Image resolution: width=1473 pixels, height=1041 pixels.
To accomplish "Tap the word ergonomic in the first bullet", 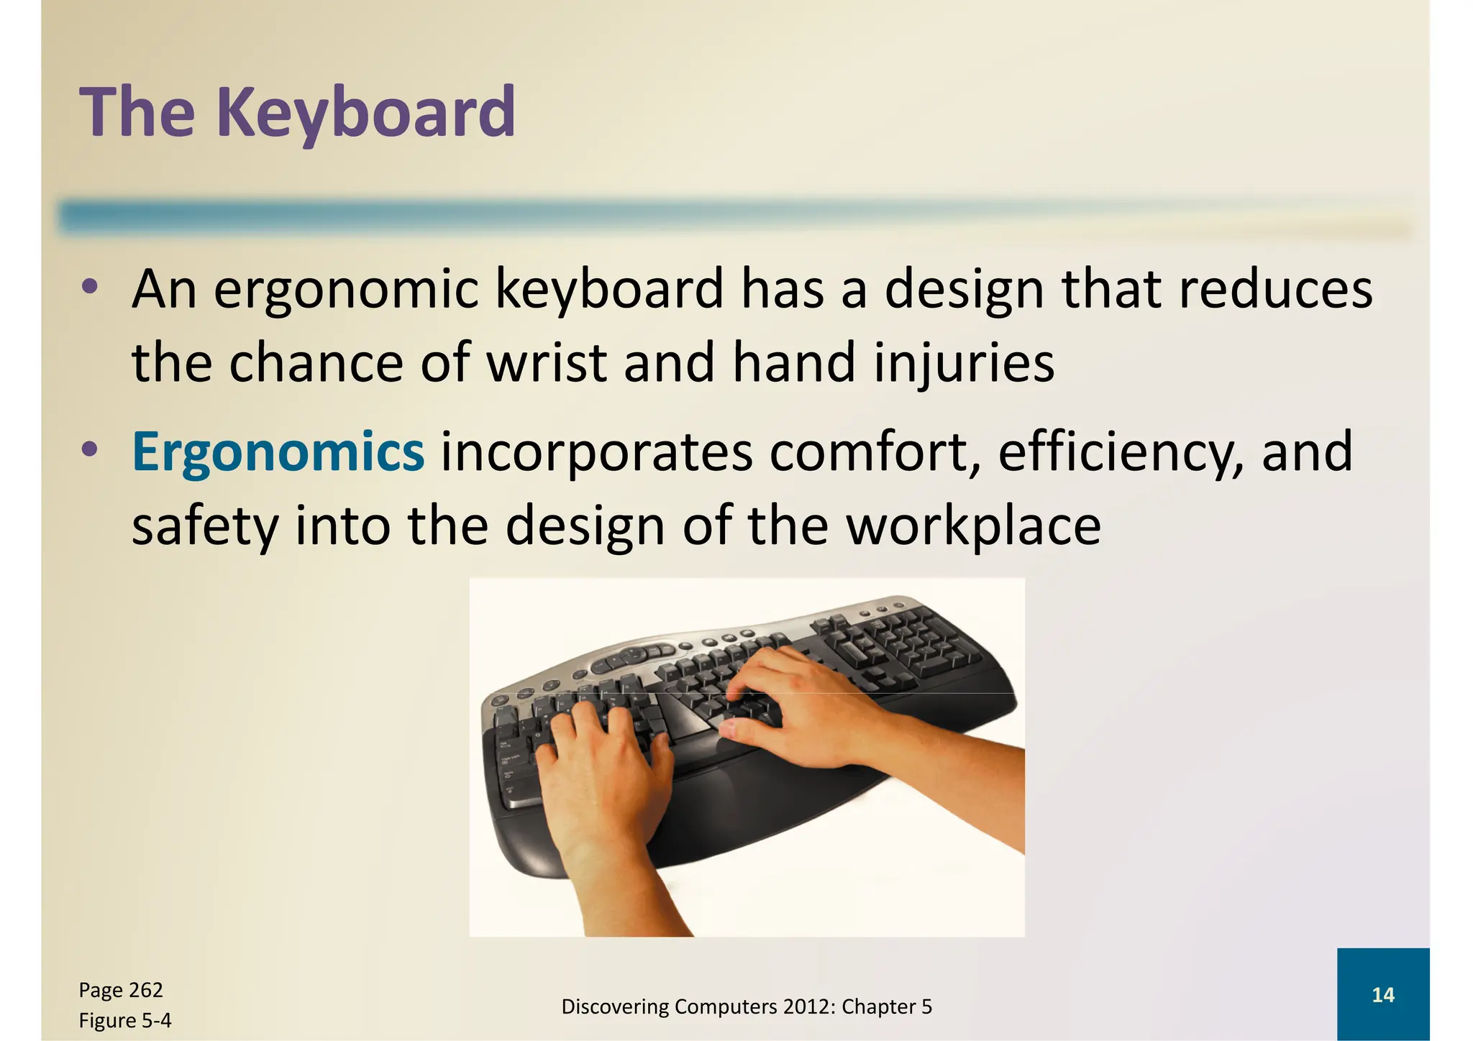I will [x=346, y=289].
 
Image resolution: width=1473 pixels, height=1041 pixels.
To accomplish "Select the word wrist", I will [x=546, y=362].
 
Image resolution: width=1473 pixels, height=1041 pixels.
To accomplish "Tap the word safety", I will [x=204, y=526].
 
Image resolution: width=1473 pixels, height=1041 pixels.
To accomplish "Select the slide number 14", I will [x=1382, y=995].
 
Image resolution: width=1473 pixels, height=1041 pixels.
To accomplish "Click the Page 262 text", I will [x=121, y=990].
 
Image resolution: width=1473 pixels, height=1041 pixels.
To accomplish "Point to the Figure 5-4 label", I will [x=125, y=1020].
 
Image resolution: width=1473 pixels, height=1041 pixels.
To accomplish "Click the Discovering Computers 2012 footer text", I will [x=746, y=1006].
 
